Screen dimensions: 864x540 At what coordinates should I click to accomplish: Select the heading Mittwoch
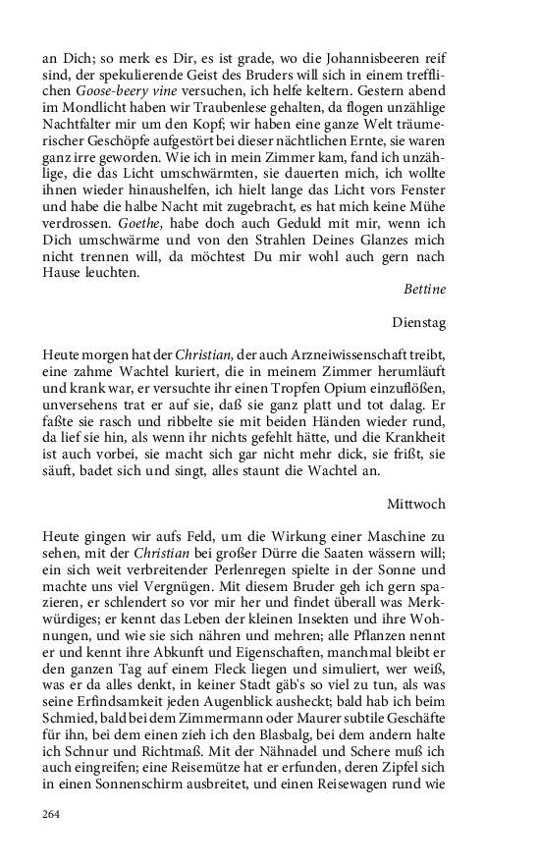coord(417,504)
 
